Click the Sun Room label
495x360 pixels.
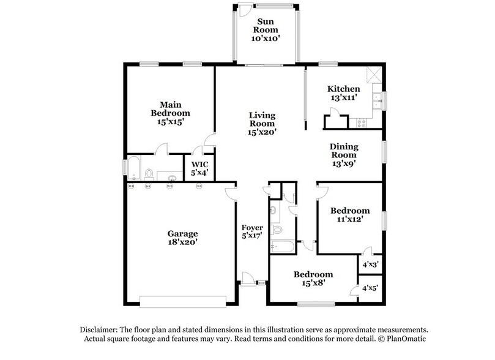click(x=266, y=29)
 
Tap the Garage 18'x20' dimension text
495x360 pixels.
click(x=183, y=242)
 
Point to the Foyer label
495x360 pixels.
click(x=251, y=231)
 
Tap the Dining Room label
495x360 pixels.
click(x=344, y=154)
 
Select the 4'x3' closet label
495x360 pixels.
click(x=370, y=264)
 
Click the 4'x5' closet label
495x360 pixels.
click(x=370, y=288)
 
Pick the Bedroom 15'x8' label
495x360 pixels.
click(x=313, y=278)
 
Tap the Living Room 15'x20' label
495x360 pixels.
click(x=261, y=123)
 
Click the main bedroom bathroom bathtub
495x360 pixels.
click(x=134, y=167)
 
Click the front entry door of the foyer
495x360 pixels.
click(x=248, y=279)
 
